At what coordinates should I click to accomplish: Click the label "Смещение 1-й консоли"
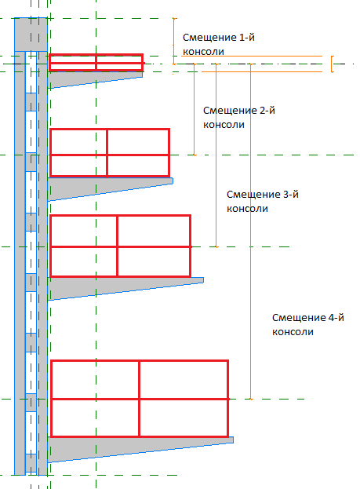pos(219,44)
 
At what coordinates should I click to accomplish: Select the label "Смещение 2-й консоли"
pos(239,117)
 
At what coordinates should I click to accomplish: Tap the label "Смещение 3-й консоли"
pos(263,201)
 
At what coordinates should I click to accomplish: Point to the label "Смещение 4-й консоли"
pos(308,324)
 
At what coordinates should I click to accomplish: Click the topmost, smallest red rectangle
pos(96,55)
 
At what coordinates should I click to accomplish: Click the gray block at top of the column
pos(31,35)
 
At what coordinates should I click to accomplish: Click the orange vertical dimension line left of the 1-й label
pos(174,41)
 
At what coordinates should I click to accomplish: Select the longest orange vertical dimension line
pos(251,232)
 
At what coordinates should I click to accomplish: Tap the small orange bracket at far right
pos(332,64)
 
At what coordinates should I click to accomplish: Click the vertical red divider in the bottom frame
pos(140,399)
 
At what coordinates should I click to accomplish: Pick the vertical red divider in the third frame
pos(117,246)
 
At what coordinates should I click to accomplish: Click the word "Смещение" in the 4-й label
pos(299,318)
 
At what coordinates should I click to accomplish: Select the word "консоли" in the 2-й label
pos(224,125)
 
